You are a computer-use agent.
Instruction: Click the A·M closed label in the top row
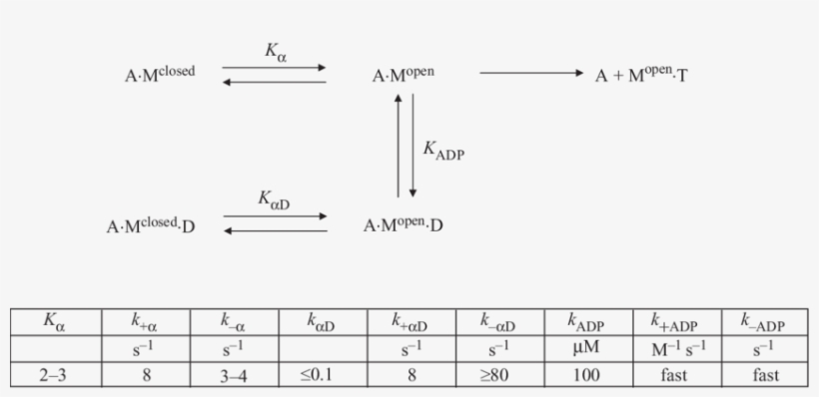pyautogui.click(x=158, y=74)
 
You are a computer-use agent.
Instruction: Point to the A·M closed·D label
pyautogui.click(x=151, y=226)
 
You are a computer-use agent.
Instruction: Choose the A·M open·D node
pyautogui.click(x=403, y=225)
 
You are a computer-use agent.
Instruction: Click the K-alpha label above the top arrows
pyautogui.click(x=276, y=50)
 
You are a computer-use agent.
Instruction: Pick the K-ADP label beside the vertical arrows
pyautogui.click(x=443, y=149)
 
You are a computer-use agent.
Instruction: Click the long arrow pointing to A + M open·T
pyautogui.click(x=529, y=73)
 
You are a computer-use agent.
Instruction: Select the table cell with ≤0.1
pyautogui.click(x=317, y=376)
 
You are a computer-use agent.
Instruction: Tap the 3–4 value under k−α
pyautogui.click(x=234, y=376)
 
